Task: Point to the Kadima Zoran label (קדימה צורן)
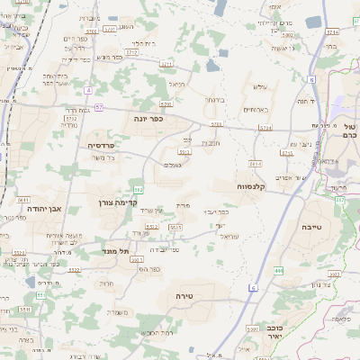[x=115, y=202]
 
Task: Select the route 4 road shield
[x=86, y=90]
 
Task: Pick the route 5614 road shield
[x=255, y=165]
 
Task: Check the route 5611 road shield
[x=23, y=200]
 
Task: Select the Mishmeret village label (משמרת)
[x=117, y=312]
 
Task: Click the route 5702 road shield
[x=216, y=123]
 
